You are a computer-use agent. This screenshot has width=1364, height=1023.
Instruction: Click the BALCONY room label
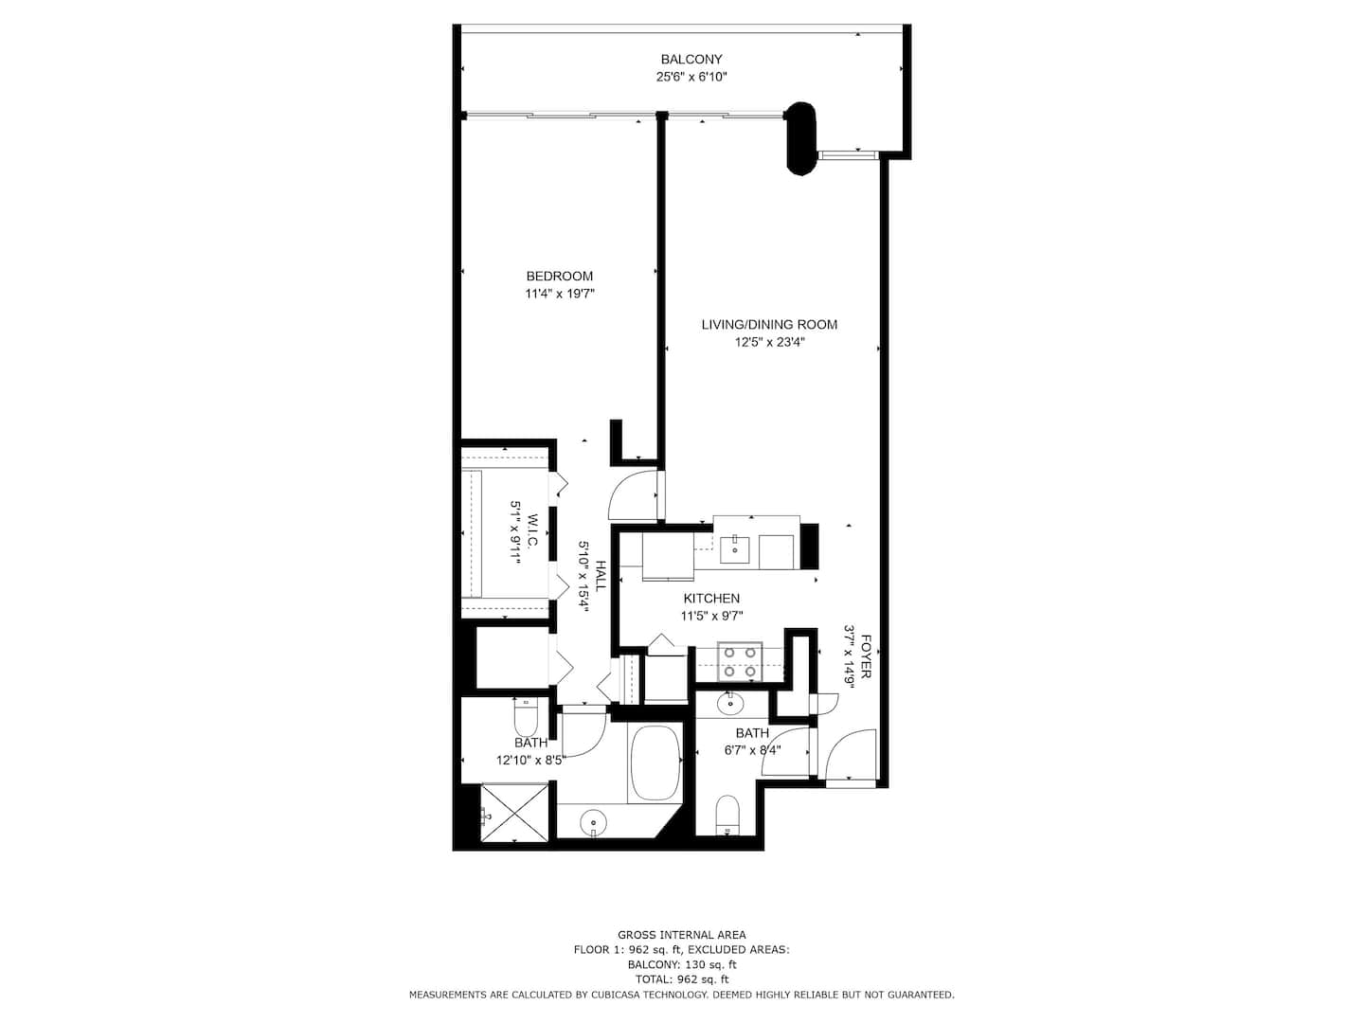pyautogui.click(x=691, y=60)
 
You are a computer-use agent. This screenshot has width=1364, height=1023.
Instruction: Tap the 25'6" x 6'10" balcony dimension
pyautogui.click(x=691, y=77)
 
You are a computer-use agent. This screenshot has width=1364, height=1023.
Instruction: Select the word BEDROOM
pyautogui.click(x=559, y=276)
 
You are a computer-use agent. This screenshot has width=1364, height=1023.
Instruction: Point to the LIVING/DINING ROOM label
pyautogui.click(x=769, y=324)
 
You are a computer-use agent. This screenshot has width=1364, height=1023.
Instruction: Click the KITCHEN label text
pyautogui.click(x=711, y=598)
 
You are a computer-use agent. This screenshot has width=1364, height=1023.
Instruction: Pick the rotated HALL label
pyautogui.click(x=601, y=576)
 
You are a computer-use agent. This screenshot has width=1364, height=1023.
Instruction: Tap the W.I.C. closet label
pyautogui.click(x=532, y=530)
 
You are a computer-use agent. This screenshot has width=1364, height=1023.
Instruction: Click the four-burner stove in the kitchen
pyautogui.click(x=740, y=662)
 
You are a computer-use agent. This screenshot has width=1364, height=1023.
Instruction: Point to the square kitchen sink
pyautogui.click(x=734, y=549)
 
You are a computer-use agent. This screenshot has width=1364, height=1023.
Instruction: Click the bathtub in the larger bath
pyautogui.click(x=655, y=763)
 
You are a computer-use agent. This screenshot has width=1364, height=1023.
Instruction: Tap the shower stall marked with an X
pyautogui.click(x=515, y=813)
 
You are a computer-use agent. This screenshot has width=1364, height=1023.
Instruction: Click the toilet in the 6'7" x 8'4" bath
pyautogui.click(x=727, y=815)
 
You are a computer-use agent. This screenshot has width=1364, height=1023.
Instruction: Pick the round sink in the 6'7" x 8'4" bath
pyautogui.click(x=730, y=705)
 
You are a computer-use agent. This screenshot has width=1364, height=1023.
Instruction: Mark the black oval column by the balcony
pyautogui.click(x=801, y=138)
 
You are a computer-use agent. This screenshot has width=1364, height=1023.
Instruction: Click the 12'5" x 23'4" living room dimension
pyautogui.click(x=769, y=342)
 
